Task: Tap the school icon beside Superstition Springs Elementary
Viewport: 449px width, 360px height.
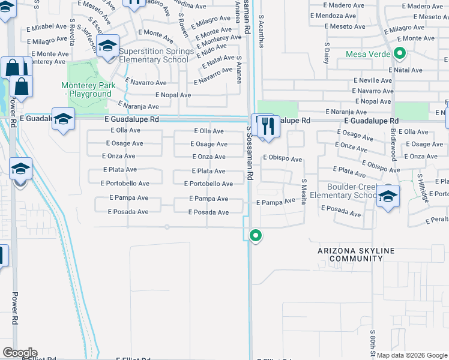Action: coord(107,47)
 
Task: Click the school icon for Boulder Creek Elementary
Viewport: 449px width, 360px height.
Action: coord(388,197)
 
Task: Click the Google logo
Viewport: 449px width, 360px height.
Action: coord(19,353)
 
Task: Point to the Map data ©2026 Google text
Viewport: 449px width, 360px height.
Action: coord(412,355)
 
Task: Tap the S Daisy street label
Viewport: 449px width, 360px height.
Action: coord(328,52)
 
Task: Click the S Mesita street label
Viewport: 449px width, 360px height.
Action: coord(304,191)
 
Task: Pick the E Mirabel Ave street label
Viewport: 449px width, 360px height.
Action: coord(46,27)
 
